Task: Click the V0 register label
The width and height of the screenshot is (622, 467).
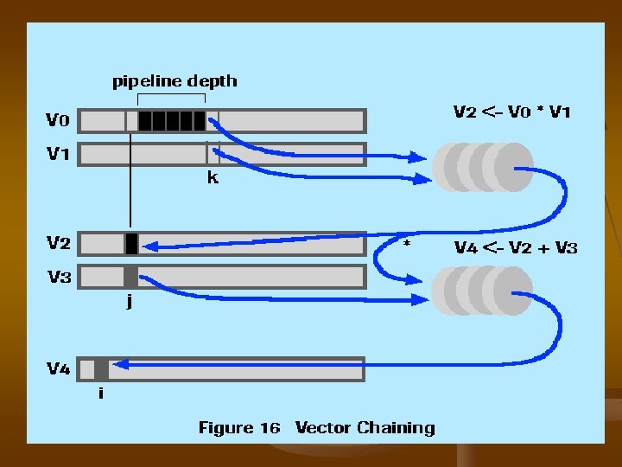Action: point(59,118)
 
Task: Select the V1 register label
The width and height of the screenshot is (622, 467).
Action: point(59,154)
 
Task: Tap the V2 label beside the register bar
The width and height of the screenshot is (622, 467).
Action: point(59,243)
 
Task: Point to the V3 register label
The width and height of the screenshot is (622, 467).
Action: point(59,278)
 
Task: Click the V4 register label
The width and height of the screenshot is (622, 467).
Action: point(59,369)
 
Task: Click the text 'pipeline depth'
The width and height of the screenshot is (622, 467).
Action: point(175,81)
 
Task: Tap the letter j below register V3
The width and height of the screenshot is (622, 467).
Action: point(130,304)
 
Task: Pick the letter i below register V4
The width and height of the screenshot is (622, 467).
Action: point(101,393)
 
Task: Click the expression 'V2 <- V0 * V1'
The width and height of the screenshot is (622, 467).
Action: point(512,112)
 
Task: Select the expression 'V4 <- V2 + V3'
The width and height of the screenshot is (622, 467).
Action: point(516,248)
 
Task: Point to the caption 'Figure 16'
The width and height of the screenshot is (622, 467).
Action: point(238,427)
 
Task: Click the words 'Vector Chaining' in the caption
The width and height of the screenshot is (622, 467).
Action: point(365,427)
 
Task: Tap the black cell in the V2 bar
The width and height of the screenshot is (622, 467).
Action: point(131,244)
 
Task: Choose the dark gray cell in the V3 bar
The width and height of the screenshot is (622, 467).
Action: point(130,277)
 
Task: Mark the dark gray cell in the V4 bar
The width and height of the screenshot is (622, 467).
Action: point(101,369)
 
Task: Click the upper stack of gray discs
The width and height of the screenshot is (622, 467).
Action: point(483,167)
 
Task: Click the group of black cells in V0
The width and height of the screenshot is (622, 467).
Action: point(172,120)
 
